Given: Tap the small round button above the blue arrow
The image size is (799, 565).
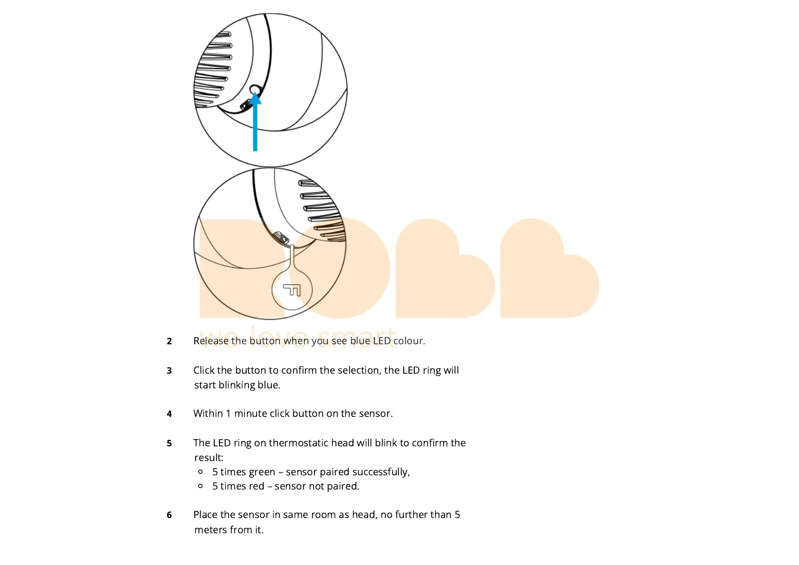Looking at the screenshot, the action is click(x=255, y=89).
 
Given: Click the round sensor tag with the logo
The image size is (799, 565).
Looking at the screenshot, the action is click(x=292, y=289).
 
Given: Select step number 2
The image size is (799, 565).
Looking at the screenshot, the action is click(x=169, y=341).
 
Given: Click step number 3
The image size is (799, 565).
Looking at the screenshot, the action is click(x=169, y=371).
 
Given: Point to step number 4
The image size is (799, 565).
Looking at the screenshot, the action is click(x=169, y=414).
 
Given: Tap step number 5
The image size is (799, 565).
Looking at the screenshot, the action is click(x=169, y=443).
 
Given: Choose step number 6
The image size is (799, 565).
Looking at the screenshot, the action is click(x=169, y=515).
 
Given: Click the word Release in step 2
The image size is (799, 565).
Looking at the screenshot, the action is click(x=210, y=341).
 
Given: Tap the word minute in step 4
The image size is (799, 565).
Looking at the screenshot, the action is click(x=250, y=414).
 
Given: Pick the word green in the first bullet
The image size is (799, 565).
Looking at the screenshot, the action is click(x=261, y=472).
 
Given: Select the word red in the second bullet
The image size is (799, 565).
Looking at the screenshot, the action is click(x=256, y=486).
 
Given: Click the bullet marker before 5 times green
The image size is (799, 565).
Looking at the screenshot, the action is click(x=200, y=472).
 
